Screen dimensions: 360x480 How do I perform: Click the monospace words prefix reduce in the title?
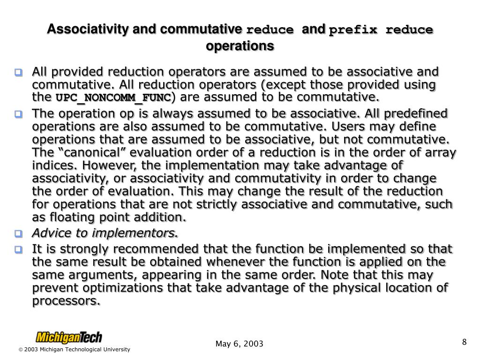381,30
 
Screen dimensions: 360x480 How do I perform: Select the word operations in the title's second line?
240,46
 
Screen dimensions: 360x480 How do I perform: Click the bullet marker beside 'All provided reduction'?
19,73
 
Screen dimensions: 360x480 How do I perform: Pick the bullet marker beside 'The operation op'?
19,114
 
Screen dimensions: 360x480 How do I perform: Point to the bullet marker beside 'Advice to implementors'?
19,233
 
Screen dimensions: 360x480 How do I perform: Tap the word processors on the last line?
66,301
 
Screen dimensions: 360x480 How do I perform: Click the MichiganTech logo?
69,337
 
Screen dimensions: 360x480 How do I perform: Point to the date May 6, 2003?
240,345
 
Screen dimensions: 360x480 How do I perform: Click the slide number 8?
464,342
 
